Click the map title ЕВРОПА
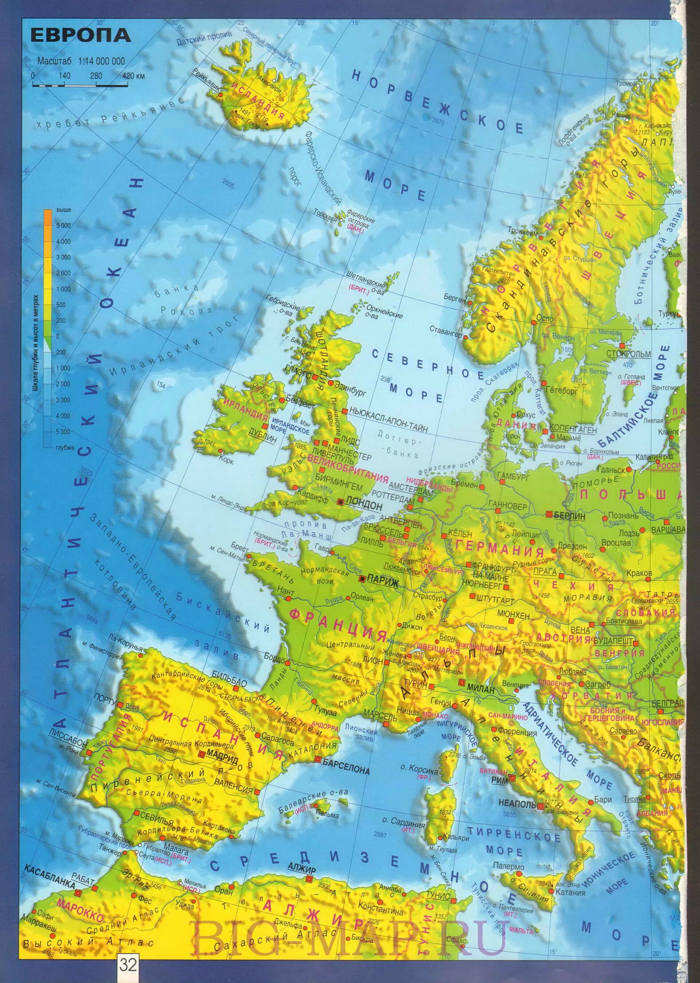(x=80, y=36)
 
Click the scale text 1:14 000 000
(x=101, y=61)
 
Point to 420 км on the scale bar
(x=134, y=76)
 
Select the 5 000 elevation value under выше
(x=63, y=225)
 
